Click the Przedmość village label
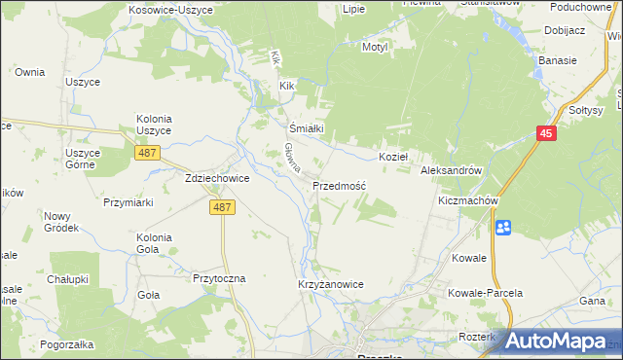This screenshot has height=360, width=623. [339, 186]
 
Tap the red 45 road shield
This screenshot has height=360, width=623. [546, 134]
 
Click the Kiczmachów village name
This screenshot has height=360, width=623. [468, 200]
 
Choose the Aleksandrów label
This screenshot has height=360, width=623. [451, 170]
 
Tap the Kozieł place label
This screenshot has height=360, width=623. [392, 156]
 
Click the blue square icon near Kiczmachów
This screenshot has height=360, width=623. [503, 228]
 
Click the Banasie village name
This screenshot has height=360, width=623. [558, 60]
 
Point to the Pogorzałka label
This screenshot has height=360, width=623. [67, 344]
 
